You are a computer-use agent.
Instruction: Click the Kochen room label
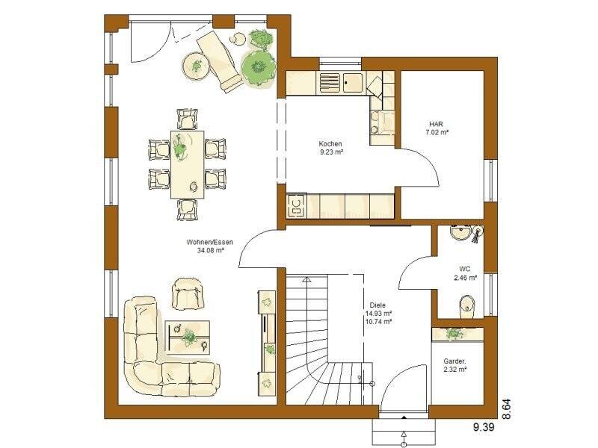[330, 143]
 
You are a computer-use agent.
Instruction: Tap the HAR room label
[437, 123]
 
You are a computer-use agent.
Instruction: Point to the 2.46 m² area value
[465, 278]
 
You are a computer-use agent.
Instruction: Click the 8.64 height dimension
[506, 408]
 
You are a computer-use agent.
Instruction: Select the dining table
[187, 164]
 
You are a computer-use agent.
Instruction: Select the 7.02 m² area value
[437, 132]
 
